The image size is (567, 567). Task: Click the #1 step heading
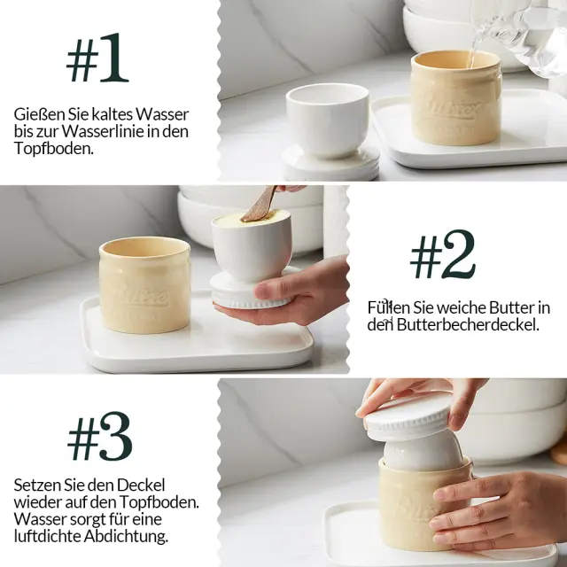click(97, 58)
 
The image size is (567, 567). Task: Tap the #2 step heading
click(443, 254)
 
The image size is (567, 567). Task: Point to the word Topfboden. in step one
click(54, 149)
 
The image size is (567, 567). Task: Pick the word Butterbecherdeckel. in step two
click(468, 325)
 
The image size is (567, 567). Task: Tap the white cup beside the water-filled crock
click(328, 120)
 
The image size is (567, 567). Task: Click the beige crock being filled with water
click(455, 97)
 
